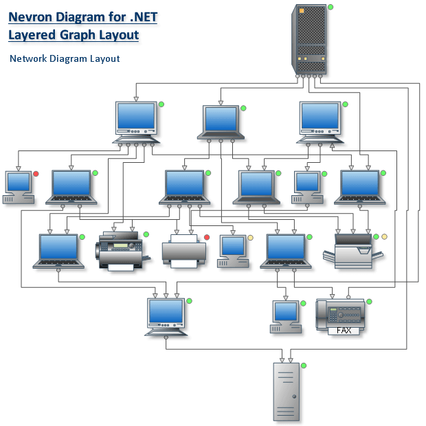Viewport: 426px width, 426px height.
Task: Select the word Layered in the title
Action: click(34, 34)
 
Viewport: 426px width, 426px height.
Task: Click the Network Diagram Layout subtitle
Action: click(65, 58)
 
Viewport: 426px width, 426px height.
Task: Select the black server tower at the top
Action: click(309, 39)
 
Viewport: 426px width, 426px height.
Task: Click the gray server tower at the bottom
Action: click(286, 390)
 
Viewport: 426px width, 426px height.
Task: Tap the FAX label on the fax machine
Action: click(344, 330)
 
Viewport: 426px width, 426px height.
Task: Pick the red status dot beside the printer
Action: click(206, 238)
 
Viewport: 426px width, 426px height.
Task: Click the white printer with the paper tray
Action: click(183, 251)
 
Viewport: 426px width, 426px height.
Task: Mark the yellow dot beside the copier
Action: click(384, 237)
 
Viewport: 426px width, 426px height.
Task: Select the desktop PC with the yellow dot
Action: click(233, 251)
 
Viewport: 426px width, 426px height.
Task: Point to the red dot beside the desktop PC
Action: click(36, 174)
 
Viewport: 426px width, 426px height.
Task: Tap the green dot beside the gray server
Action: click(303, 365)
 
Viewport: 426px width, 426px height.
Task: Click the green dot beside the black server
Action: click(330, 7)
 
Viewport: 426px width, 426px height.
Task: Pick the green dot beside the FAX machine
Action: click(369, 301)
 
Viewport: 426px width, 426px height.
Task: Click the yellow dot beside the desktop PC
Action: click(251, 238)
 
